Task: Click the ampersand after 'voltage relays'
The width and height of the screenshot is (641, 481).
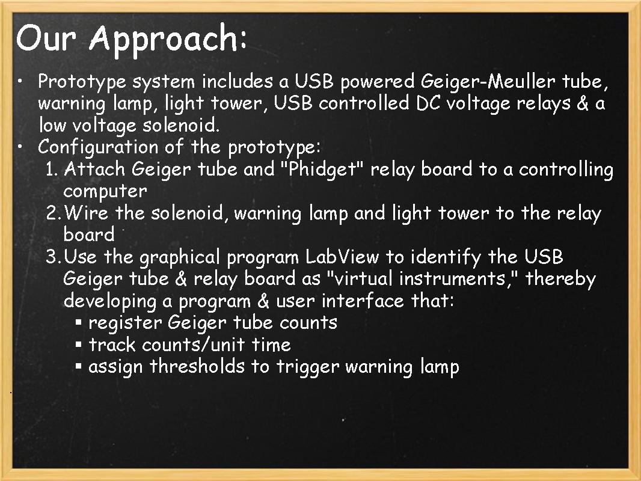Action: point(582,103)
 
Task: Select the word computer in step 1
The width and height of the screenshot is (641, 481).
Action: point(105,191)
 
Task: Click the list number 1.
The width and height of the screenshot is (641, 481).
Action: point(52,169)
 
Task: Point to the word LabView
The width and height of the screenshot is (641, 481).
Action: point(342,257)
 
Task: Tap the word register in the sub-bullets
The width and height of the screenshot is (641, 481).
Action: point(125,323)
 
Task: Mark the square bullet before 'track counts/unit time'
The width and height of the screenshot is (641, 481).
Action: point(79,345)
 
